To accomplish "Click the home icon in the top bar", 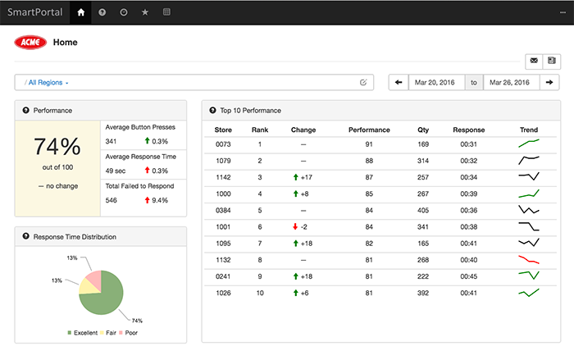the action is (81, 12).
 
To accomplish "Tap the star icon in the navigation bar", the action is (145, 12).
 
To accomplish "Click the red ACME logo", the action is (30, 43).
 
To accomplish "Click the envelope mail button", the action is (534, 61).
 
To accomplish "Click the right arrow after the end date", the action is (549, 82).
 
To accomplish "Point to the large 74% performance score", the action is (57, 147).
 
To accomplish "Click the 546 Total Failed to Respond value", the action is (111, 200).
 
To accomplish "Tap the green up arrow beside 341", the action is (147, 140).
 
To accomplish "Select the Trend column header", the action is (529, 130).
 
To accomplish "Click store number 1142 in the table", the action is (223, 177).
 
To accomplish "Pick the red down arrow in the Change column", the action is (295, 226).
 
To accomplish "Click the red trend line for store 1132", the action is (529, 260).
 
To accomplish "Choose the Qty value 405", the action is (423, 210).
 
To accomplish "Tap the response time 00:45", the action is (468, 276).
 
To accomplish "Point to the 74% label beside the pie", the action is (137, 321).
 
